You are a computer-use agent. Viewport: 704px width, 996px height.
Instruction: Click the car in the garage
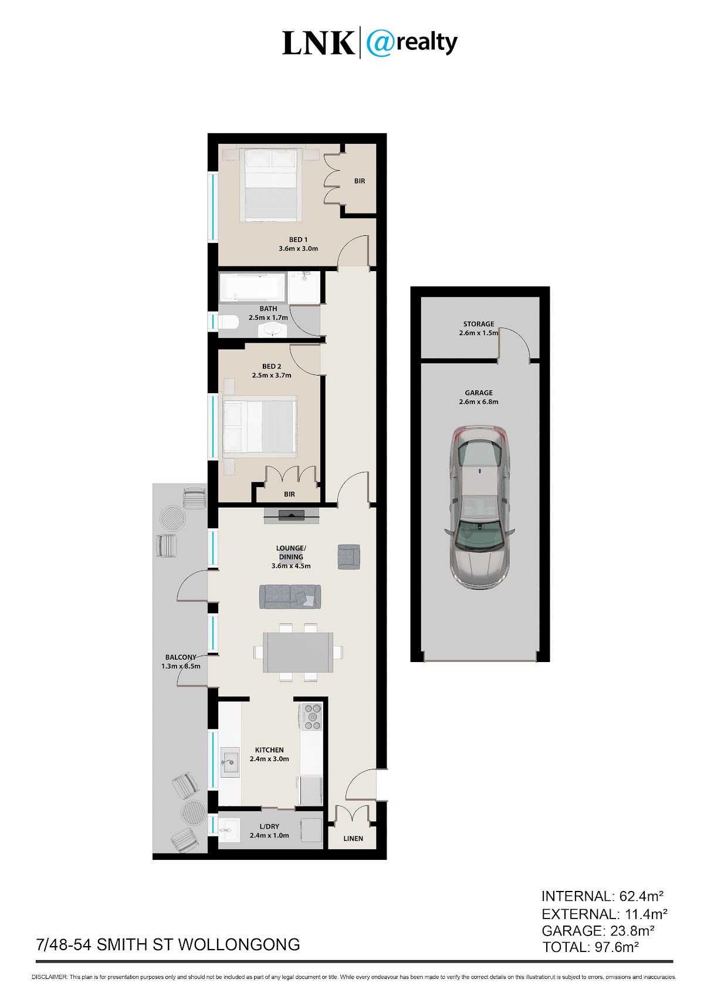(x=479, y=507)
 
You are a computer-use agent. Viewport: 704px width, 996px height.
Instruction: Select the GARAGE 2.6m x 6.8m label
(x=479, y=397)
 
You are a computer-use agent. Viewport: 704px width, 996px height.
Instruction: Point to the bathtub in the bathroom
(x=252, y=287)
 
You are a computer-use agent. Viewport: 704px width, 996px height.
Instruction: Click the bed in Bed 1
(x=270, y=183)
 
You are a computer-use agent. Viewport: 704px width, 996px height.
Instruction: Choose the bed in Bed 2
(x=259, y=427)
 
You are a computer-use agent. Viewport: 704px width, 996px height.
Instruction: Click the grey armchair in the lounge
(x=348, y=557)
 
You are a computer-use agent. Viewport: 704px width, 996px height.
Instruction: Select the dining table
(x=298, y=652)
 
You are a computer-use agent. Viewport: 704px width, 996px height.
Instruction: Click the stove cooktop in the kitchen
(x=311, y=716)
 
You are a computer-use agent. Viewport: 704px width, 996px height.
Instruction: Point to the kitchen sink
(x=230, y=762)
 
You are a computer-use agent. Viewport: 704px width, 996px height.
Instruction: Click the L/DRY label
(x=269, y=826)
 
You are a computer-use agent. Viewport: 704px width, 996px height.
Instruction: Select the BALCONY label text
(x=181, y=657)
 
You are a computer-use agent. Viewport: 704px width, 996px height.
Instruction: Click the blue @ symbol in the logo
(x=380, y=43)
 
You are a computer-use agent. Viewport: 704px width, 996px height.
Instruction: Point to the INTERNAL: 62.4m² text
(x=603, y=896)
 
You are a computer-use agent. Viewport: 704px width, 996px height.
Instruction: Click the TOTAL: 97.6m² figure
(x=590, y=947)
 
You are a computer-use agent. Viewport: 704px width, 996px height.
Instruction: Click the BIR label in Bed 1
(x=360, y=181)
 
